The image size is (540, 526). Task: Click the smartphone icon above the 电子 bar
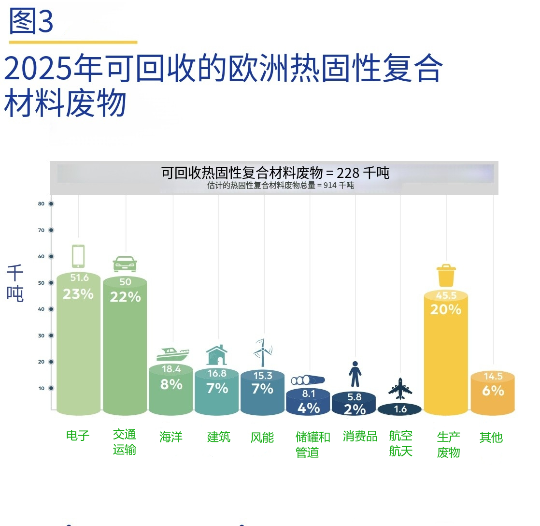78,256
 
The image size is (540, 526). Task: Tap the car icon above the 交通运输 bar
125,264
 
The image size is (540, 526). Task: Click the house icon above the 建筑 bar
217,355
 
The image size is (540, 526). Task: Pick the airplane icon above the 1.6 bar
400,389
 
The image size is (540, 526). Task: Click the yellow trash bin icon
446,276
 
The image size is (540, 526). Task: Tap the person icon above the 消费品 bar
355,374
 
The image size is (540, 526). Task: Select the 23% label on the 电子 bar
78,293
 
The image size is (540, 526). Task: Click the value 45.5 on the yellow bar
446,296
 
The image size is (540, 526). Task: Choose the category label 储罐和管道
313,444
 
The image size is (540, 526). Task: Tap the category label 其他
491,438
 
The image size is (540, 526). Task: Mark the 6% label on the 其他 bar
493,390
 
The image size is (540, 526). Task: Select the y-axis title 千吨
15,284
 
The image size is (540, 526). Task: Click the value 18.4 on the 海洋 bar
171,369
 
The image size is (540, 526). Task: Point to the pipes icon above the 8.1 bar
307,380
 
